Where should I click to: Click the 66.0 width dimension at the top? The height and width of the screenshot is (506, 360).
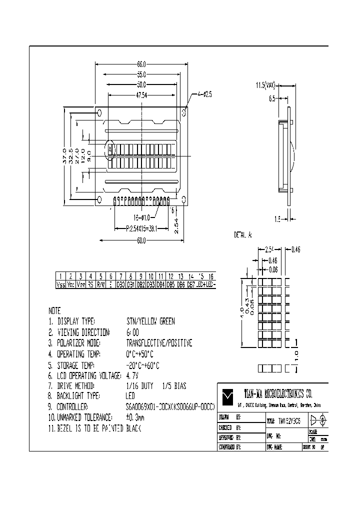(x=141, y=64)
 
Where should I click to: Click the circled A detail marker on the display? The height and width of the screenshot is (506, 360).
(x=110, y=148)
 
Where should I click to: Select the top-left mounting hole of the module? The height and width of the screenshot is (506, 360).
(x=99, y=112)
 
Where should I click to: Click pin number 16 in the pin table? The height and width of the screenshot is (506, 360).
(x=211, y=276)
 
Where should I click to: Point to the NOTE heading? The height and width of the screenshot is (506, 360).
(x=55, y=310)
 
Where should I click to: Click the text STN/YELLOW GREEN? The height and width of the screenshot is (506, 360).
(x=150, y=321)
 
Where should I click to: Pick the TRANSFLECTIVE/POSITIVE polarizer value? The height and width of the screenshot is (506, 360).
(x=159, y=343)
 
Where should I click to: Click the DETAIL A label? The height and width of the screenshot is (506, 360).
(x=243, y=234)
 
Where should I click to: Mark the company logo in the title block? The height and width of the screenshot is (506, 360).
(x=228, y=395)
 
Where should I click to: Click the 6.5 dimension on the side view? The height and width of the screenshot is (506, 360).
(x=272, y=99)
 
